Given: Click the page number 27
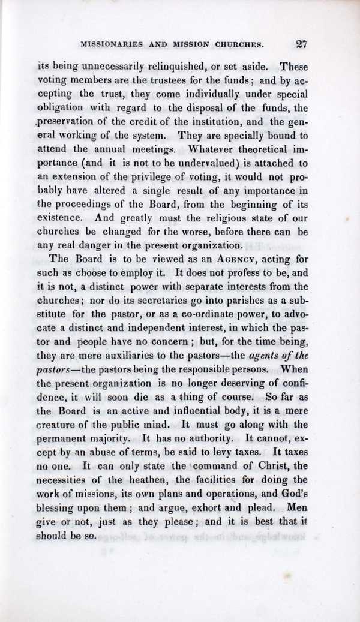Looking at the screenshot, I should (301, 44).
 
